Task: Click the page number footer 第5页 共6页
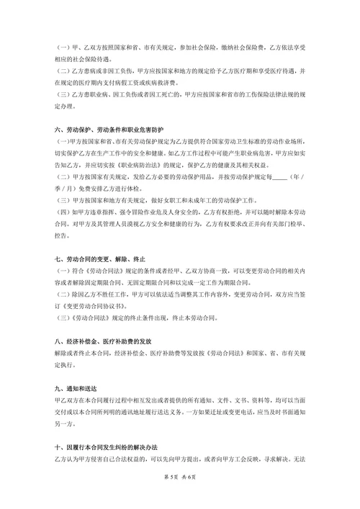point(180,496)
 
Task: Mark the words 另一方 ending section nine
point(65,423)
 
